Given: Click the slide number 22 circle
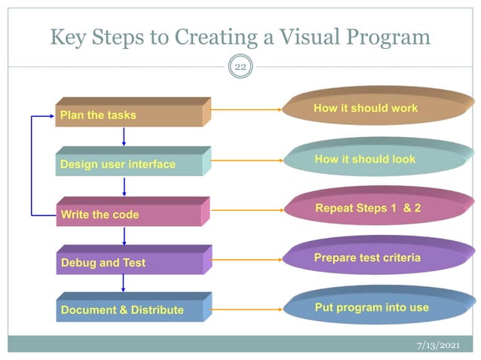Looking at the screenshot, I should (240, 68).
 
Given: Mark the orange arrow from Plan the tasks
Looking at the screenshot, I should (247, 110).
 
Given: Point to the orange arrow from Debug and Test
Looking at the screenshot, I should (247, 260).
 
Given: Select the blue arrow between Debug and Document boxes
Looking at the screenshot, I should (124, 284).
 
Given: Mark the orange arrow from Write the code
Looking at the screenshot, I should (247, 210).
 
